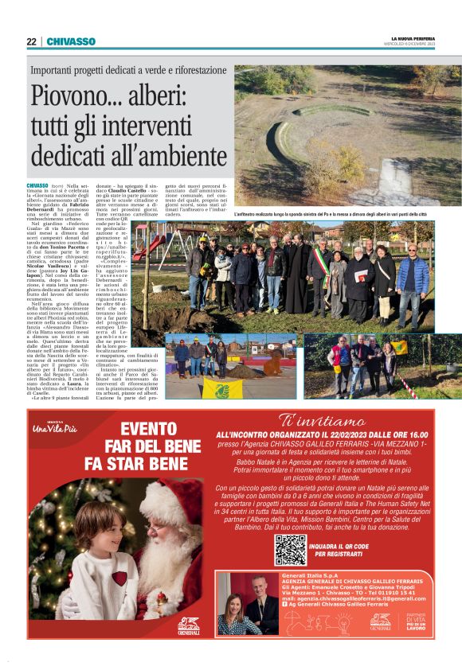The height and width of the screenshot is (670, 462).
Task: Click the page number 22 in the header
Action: tap(30, 41)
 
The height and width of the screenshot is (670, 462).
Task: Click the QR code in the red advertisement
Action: tap(290, 549)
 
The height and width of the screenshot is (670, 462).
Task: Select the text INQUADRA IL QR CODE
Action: tap(339, 546)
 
